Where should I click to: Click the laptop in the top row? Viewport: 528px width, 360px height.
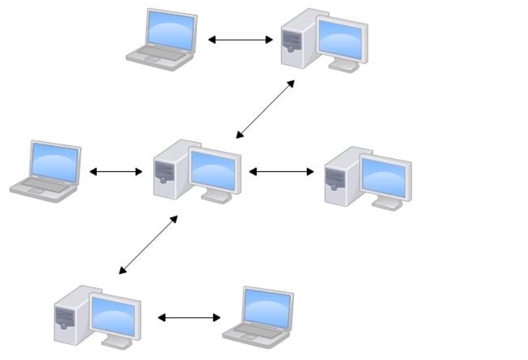[161, 39]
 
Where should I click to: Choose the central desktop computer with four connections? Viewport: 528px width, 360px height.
[198, 171]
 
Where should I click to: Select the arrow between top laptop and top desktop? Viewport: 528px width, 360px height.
[240, 40]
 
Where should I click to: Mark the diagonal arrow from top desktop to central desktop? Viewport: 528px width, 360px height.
[265, 109]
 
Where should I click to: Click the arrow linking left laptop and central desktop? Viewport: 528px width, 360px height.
[116, 172]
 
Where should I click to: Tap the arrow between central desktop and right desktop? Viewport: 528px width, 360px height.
[281, 172]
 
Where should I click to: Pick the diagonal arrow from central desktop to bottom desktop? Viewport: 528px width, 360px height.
[148, 245]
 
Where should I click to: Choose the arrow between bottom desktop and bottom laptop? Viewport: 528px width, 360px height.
[189, 318]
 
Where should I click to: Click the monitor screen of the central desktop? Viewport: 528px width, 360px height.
[215, 170]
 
